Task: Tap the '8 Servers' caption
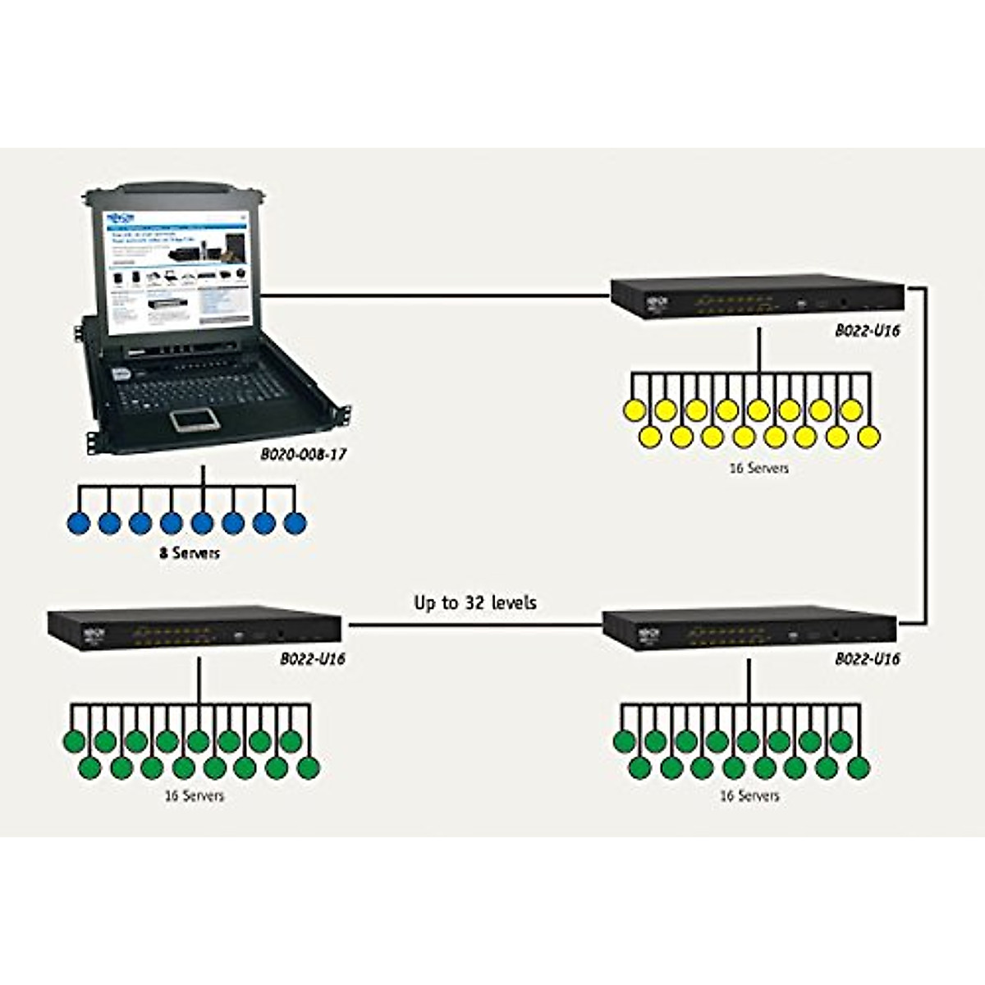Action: point(190,552)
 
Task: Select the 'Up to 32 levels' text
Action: point(475,602)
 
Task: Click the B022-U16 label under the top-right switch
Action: point(868,332)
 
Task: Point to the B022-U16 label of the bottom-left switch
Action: point(313,658)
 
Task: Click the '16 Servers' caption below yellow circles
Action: point(758,468)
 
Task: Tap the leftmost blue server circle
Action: point(79,522)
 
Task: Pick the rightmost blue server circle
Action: point(295,522)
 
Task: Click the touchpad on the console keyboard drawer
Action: point(195,419)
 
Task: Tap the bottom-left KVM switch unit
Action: point(195,628)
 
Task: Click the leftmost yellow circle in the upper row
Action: point(635,410)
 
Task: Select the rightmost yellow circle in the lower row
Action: point(868,437)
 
